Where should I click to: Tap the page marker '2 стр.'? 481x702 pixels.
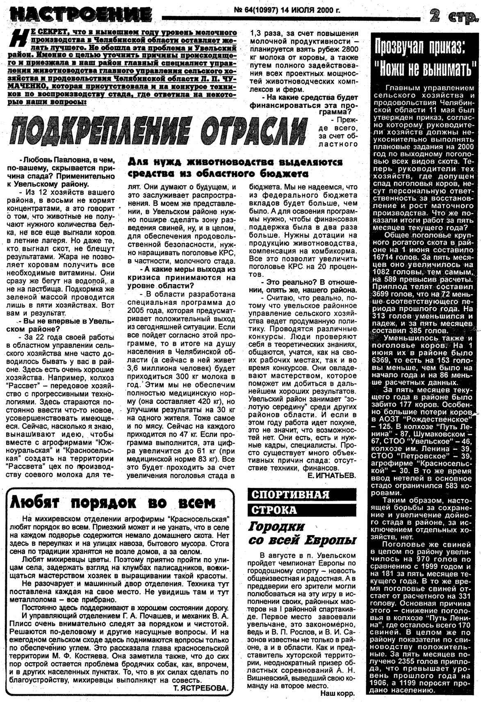pos(453,16)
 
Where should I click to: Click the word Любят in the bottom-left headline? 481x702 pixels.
pos(35,502)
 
